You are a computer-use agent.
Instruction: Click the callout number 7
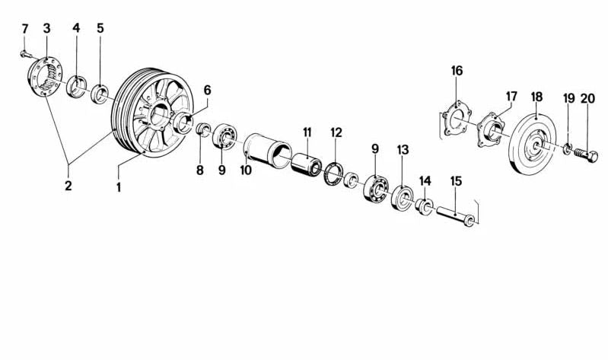coord(25,29)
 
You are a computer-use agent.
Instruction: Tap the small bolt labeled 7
coord(26,55)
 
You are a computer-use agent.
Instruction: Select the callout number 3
coord(46,28)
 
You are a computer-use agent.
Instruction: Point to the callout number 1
coord(119,187)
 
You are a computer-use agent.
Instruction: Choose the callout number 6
coord(208,91)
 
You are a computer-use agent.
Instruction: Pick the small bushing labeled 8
coord(202,129)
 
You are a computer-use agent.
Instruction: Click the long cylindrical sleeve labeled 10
coord(267,151)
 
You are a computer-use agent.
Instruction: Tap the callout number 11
coord(307,132)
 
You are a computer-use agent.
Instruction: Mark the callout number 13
coord(403,149)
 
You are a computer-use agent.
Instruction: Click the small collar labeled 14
coord(424,206)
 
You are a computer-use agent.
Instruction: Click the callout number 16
coord(457,71)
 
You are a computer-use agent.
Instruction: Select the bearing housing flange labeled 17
coord(491,129)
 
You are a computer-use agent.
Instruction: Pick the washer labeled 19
coord(566,149)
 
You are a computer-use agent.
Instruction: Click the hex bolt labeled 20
coord(585,155)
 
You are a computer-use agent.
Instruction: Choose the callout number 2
coord(68,186)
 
